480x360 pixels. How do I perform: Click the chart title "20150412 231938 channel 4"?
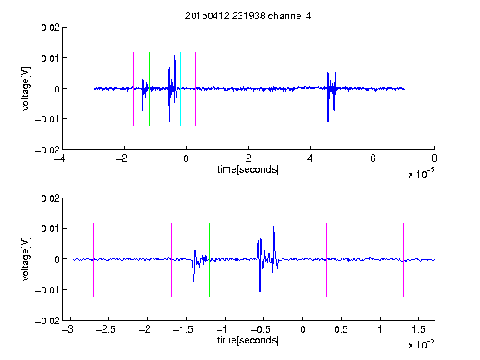pyautogui.click(x=247, y=16)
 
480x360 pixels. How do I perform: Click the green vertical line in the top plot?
pyautogui.click(x=149, y=88)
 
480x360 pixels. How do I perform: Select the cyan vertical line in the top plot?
pyautogui.click(x=180, y=88)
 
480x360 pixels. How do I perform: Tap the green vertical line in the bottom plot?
pyautogui.click(x=209, y=259)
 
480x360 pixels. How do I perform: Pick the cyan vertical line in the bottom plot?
pyautogui.click(x=287, y=259)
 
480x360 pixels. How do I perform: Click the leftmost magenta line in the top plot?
pyautogui.click(x=102, y=88)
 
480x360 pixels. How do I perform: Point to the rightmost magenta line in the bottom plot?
pyautogui.click(x=403, y=259)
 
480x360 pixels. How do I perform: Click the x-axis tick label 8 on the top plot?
pyautogui.click(x=434, y=158)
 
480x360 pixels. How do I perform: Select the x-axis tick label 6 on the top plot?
pyautogui.click(x=372, y=158)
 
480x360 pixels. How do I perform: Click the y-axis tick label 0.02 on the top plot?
pyautogui.click(x=50, y=27)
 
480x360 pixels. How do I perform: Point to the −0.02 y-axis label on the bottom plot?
pyautogui.click(x=47, y=321)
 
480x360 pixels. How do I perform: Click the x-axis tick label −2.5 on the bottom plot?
pyautogui.click(x=106, y=329)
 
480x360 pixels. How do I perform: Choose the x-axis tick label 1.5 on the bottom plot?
pyautogui.click(x=418, y=329)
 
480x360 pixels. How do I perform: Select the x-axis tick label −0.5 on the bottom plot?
pyautogui.click(x=261, y=329)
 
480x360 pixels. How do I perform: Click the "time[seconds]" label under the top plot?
pyautogui.click(x=248, y=169)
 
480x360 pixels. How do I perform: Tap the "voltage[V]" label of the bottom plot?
pyautogui.click(x=27, y=259)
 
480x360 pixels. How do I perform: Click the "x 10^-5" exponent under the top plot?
pyautogui.click(x=421, y=173)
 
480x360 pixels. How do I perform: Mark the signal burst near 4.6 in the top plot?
pyautogui.click(x=331, y=97)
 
